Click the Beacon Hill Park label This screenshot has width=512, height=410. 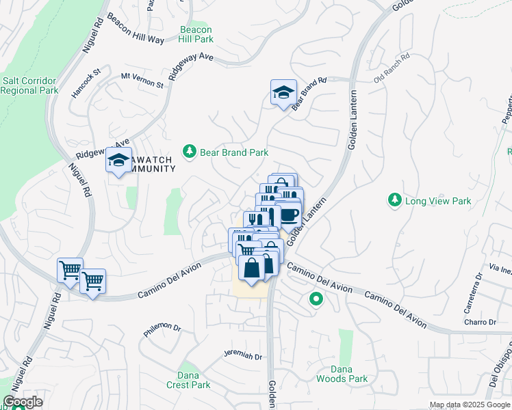pos(196,34)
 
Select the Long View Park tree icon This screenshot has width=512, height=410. pos(394,200)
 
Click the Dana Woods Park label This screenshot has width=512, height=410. pos(342,374)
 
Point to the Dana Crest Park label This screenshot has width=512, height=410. pos(188,380)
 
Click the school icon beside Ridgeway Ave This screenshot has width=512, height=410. pos(118,161)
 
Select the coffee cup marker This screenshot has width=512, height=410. pos(289,215)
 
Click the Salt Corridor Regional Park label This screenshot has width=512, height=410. pos(29,85)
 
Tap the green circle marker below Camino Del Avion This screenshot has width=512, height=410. pos(316,298)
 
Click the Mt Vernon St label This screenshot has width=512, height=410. pos(142,80)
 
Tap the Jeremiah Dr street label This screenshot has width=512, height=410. pos(243,355)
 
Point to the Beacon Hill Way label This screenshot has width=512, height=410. pos(135,31)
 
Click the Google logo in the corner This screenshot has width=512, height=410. pos(23,402)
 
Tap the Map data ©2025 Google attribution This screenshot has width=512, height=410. pos(470,405)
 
